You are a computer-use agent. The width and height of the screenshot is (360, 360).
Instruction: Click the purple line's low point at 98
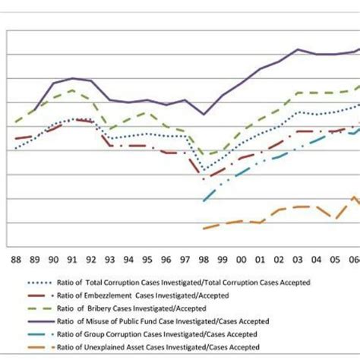(204, 114)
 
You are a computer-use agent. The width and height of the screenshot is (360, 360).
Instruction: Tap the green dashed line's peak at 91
(72, 90)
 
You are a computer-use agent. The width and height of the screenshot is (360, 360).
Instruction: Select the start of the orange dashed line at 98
(204, 228)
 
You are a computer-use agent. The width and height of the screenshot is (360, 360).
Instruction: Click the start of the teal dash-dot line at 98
(204, 201)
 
